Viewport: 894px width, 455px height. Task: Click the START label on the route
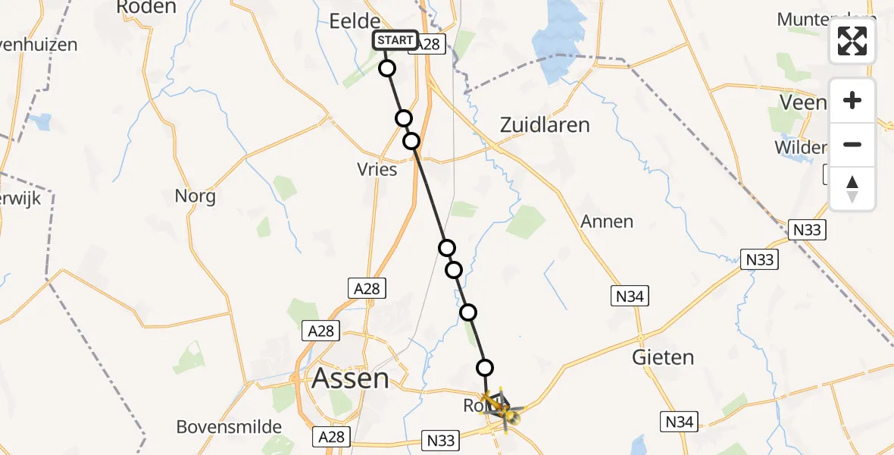pyautogui.click(x=395, y=40)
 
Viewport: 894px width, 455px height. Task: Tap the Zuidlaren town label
pyautogui.click(x=545, y=125)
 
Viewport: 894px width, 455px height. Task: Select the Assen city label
pyautogui.click(x=351, y=378)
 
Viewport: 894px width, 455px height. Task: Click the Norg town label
pyautogui.click(x=195, y=196)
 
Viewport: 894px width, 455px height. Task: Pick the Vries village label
pyautogui.click(x=377, y=169)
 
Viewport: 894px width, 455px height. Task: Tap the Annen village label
pyautogui.click(x=607, y=221)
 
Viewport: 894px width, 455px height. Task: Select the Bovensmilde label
pyautogui.click(x=229, y=427)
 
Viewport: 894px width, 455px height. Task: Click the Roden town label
pyautogui.click(x=147, y=8)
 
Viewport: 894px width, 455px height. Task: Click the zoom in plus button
pyautogui.click(x=852, y=101)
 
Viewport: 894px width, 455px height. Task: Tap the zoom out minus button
pyautogui.click(x=852, y=145)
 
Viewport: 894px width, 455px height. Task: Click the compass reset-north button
pyautogui.click(x=852, y=189)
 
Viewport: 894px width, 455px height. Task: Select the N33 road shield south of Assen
pyautogui.click(x=441, y=439)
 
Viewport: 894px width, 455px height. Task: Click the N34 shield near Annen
pyautogui.click(x=630, y=297)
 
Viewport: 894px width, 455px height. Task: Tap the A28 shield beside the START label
pyautogui.click(x=429, y=44)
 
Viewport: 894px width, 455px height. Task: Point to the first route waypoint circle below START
pyautogui.click(x=387, y=68)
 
